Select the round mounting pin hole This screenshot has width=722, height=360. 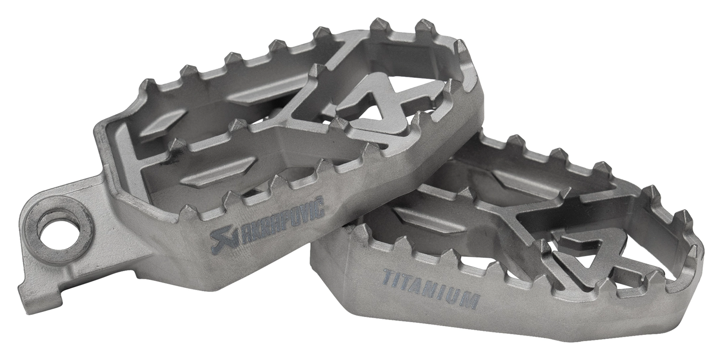(x=52, y=232)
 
